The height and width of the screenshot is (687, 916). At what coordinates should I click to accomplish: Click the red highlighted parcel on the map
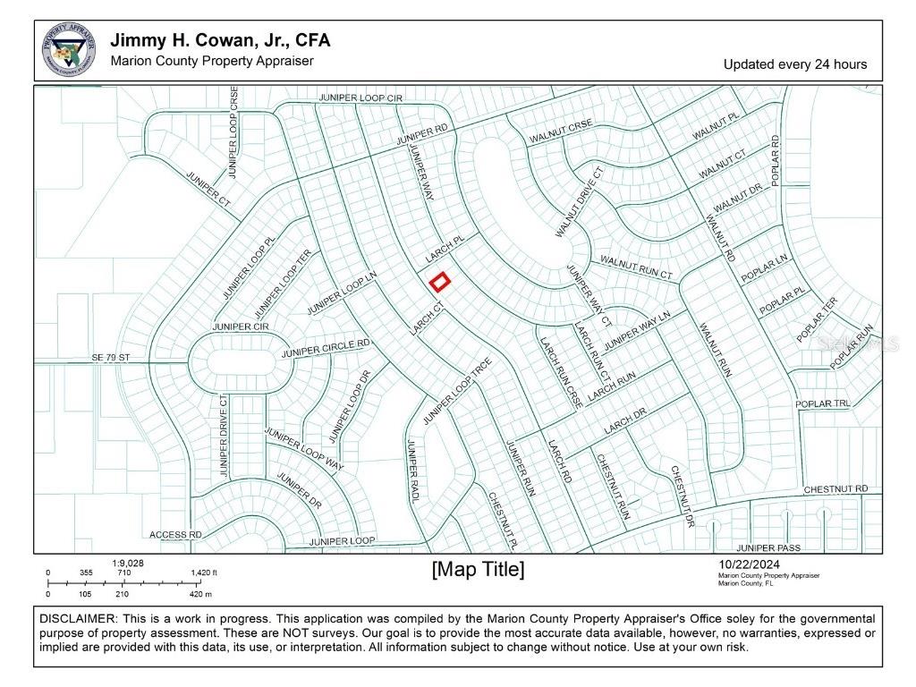[438, 283]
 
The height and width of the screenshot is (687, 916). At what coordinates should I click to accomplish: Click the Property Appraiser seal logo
[69, 50]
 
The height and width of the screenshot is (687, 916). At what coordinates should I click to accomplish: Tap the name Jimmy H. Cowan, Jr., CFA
[219, 40]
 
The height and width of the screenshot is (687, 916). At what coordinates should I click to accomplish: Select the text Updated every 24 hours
[794, 64]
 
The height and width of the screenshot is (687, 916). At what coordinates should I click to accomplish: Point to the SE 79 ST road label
[110, 358]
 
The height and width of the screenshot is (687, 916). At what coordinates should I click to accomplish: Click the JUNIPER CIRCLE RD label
[326, 349]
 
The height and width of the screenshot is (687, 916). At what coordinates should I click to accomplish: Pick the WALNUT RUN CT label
[636, 267]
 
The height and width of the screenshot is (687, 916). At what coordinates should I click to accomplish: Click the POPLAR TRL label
[823, 404]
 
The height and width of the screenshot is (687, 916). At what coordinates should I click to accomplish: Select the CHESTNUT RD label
[835, 489]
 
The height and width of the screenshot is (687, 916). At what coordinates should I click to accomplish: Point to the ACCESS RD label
[175, 535]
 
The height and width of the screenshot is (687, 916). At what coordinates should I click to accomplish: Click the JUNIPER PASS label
[768, 547]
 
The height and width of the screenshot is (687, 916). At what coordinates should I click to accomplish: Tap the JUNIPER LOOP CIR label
[361, 97]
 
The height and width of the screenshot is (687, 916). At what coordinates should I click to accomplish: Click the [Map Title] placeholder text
[478, 570]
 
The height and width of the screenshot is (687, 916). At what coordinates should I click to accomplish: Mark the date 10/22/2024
[750, 564]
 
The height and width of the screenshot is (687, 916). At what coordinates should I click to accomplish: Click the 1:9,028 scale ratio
[127, 563]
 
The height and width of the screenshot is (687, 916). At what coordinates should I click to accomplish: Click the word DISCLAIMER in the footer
[77, 619]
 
